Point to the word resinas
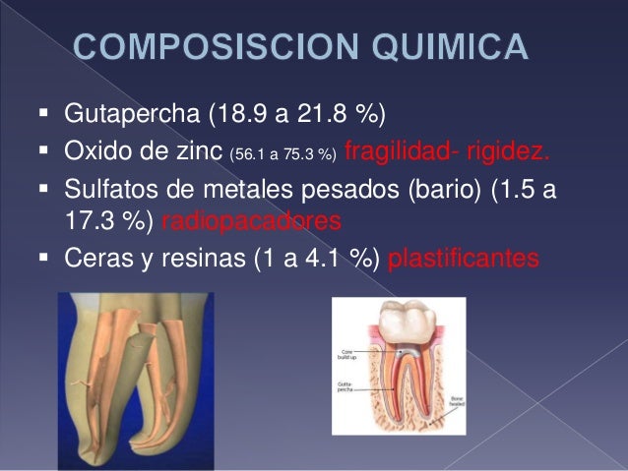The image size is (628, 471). [193, 259]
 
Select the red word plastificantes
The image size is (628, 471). [465, 259]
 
